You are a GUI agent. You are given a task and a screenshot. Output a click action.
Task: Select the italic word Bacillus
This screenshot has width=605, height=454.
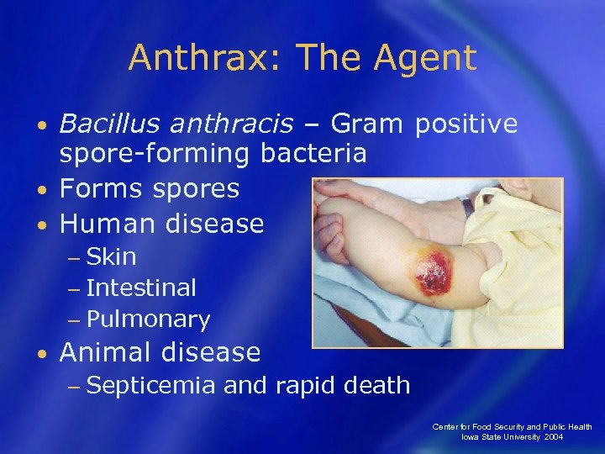[105, 124]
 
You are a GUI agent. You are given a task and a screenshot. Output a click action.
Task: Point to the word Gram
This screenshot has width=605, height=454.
[365, 124]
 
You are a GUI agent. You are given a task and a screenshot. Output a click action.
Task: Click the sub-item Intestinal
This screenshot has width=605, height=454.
[140, 288]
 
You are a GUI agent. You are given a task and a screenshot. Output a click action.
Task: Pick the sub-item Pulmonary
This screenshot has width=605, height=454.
[147, 319]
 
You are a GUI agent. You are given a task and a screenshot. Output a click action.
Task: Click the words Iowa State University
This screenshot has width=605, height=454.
[497, 437]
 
